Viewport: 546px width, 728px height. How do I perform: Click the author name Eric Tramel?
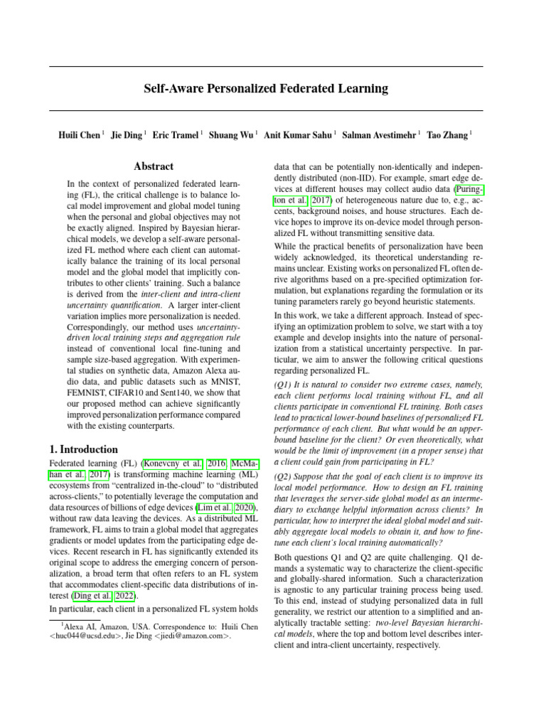coord(176,134)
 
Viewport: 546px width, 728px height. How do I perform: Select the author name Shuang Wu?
coord(232,134)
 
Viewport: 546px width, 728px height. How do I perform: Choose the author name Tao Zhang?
coord(446,134)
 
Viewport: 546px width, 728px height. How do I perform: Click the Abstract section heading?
coord(154,167)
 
